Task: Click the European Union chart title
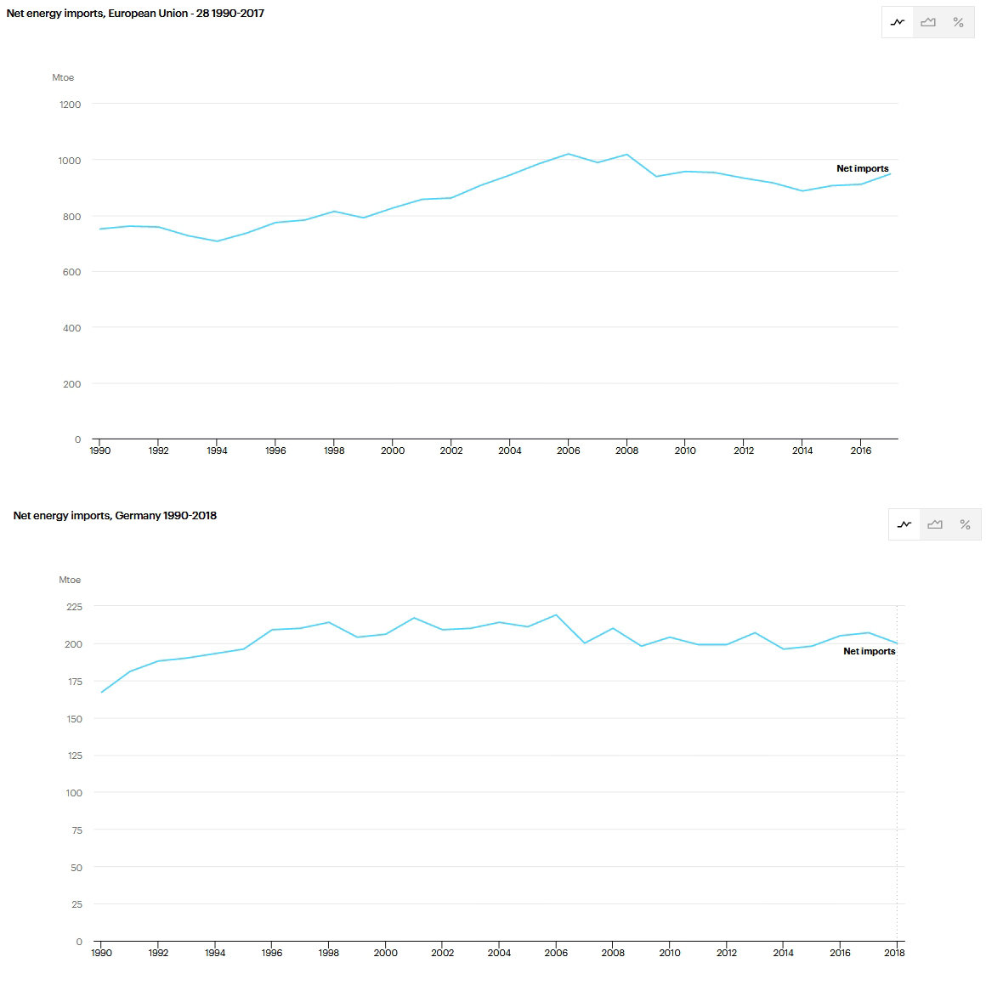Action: coord(135,14)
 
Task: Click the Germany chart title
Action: coord(115,516)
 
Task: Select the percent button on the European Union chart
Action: coord(958,22)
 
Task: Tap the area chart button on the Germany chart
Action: coord(935,524)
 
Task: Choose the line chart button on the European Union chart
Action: coord(898,22)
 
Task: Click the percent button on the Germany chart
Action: coord(965,524)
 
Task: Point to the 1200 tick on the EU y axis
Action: coord(71,105)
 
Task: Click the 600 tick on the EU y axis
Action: coord(71,272)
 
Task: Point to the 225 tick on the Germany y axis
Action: coord(74,607)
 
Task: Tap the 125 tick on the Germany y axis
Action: coord(74,756)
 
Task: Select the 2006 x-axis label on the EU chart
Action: coord(568,450)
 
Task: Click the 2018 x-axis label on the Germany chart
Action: coord(894,953)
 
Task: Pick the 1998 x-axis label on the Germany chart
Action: coord(329,953)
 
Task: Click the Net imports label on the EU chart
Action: coord(862,168)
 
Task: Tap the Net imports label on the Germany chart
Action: coord(869,651)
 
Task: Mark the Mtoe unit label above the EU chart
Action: coord(63,77)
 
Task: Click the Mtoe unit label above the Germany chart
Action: coord(70,580)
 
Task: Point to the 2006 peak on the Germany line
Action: coord(556,615)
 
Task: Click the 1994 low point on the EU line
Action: coord(217,241)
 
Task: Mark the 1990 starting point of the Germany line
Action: coord(102,693)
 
